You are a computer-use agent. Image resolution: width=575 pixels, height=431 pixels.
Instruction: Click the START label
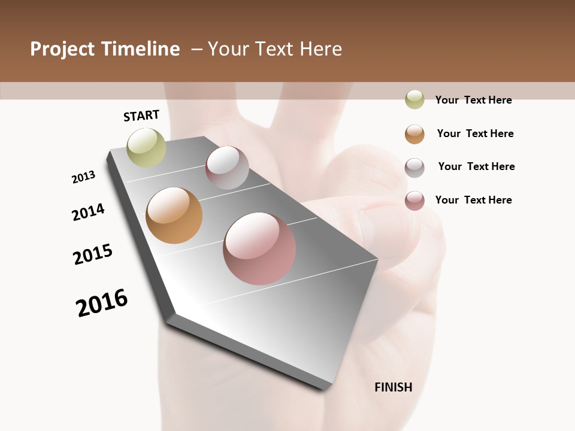pyautogui.click(x=141, y=116)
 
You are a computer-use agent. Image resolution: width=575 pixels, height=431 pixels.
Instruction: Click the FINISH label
pyautogui.click(x=394, y=387)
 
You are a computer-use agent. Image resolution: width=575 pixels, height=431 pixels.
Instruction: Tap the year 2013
pyautogui.click(x=83, y=177)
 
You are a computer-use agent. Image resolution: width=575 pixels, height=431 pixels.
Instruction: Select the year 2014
pyautogui.click(x=88, y=212)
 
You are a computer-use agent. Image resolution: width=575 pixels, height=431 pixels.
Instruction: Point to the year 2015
pyautogui.click(x=93, y=254)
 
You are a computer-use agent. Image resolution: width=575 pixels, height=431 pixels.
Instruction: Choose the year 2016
pyautogui.click(x=102, y=303)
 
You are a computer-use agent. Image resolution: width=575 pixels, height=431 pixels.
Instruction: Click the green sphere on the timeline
pyautogui.click(x=147, y=147)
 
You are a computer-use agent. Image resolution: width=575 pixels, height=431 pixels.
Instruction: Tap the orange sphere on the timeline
pyautogui.click(x=174, y=215)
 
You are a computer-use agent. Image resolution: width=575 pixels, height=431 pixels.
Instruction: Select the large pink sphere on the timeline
pyautogui.click(x=259, y=248)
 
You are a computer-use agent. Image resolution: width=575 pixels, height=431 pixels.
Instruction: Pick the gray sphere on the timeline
pyautogui.click(x=227, y=168)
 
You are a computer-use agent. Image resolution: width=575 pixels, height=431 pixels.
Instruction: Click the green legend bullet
pyautogui.click(x=414, y=99)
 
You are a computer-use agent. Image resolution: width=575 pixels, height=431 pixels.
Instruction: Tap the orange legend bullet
pyautogui.click(x=414, y=134)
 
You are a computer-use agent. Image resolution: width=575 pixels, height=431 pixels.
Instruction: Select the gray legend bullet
pyautogui.click(x=414, y=168)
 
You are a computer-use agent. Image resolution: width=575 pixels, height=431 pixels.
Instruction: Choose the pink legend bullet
pyautogui.click(x=414, y=201)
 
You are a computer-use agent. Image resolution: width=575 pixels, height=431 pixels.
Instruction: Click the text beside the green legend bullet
pyautogui.click(x=473, y=100)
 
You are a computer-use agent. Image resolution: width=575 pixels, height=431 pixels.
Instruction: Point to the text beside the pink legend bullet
pyautogui.click(x=473, y=200)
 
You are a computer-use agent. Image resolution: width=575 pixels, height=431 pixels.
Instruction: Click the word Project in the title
pyautogui.click(x=62, y=49)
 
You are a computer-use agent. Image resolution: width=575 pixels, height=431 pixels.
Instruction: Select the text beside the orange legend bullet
pyautogui.click(x=475, y=133)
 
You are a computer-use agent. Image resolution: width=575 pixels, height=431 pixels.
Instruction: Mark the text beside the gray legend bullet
pyautogui.click(x=476, y=166)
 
